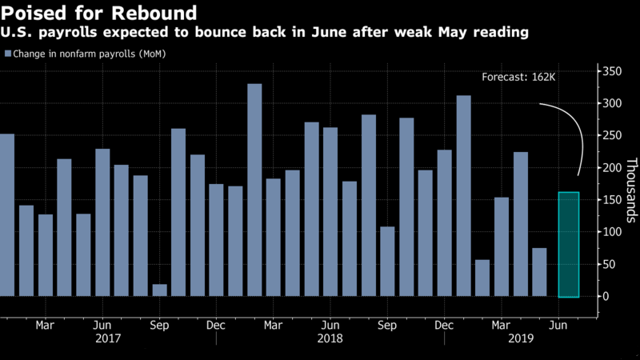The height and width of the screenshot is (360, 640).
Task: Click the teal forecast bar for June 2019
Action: coord(568,244)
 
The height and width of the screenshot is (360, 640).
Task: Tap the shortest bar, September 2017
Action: coord(159,290)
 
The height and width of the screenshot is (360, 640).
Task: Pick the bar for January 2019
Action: coord(463,196)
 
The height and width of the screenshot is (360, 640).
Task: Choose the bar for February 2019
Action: coord(482,278)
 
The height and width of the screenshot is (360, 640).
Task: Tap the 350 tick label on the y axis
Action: coord(612,71)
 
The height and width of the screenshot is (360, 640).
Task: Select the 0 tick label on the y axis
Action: coord(606,296)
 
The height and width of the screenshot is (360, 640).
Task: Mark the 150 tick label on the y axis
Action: coord(612,200)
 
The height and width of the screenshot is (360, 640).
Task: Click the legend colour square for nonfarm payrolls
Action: coord(8,54)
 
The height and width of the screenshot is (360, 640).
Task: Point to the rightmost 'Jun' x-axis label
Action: coord(559,326)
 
